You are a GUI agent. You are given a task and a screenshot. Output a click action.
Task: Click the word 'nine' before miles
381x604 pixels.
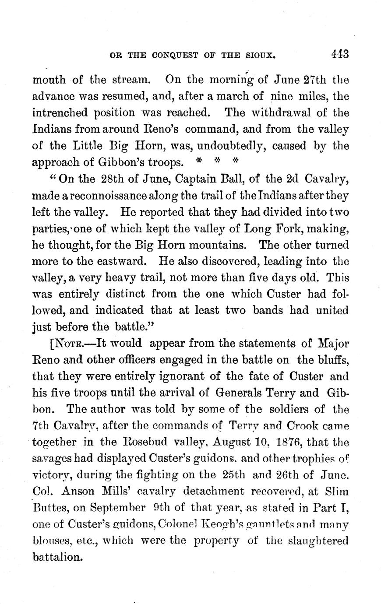coord(283,97)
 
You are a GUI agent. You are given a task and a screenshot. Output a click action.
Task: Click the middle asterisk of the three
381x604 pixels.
coord(217,161)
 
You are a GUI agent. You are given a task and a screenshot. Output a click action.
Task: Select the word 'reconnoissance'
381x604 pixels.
coord(104,196)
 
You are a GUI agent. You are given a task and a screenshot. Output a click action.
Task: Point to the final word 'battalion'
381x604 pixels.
coord(57,558)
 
